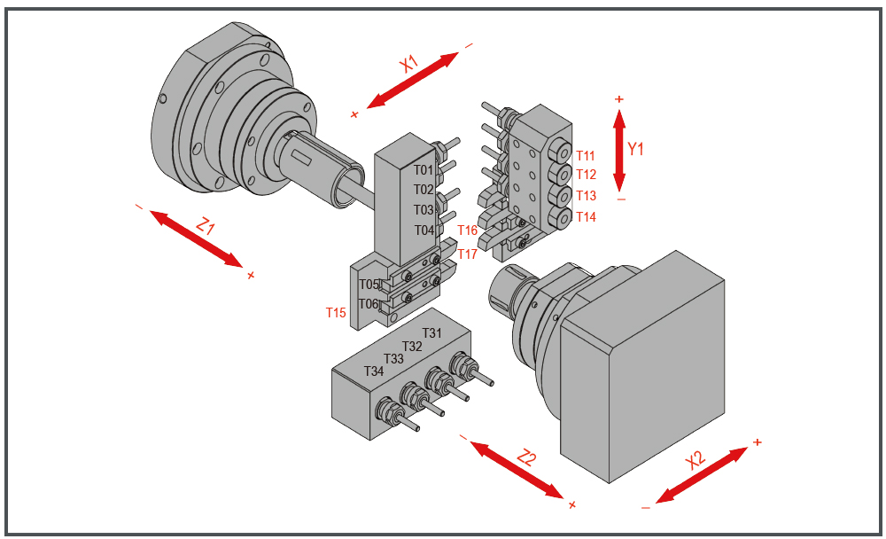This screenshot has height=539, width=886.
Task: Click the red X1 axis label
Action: pos(409,64)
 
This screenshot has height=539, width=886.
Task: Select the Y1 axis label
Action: pos(635,149)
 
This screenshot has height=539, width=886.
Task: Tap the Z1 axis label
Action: pos(206,226)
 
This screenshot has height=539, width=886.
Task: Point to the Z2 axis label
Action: pos(526,457)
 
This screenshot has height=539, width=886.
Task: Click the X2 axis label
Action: pos(695,460)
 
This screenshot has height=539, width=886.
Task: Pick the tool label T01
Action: pos(424,170)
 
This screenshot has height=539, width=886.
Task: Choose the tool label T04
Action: pos(424,230)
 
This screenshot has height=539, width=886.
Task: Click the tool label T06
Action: pos(369,304)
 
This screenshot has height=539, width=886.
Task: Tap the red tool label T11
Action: pos(586,155)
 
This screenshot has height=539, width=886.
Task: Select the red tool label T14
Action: pos(586,216)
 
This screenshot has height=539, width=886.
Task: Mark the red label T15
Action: pos(336,312)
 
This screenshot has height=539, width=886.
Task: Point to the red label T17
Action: pos(467,254)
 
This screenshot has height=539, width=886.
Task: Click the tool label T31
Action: pos(431,333)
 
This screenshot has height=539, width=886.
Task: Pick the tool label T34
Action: pos(374,371)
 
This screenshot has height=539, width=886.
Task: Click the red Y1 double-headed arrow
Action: pos(619,151)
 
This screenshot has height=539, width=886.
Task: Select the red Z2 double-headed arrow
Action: pos(517,470)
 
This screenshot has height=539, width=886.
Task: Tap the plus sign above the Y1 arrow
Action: pos(619,99)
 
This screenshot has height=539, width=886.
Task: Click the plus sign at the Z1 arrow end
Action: pos(251,276)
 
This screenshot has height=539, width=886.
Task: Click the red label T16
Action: pos(467,230)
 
